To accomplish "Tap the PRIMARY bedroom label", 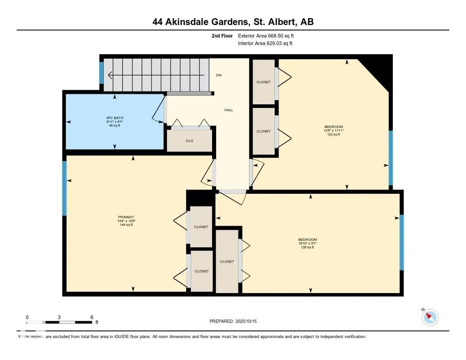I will [x=126, y=217].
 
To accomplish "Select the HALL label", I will [x=228, y=110].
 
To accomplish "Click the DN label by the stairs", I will [x=218, y=75].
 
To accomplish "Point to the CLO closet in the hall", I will [x=189, y=141].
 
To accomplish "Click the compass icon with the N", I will [x=430, y=317].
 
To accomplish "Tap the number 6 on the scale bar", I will [x=92, y=317].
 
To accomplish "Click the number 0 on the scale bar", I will [x=27, y=317].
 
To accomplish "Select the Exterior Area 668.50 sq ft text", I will [x=269, y=35].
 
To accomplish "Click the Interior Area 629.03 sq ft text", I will [x=265, y=44].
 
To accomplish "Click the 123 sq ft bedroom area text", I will [x=334, y=134].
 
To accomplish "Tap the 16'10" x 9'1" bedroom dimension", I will [x=307, y=243].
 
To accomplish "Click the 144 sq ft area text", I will [x=126, y=225].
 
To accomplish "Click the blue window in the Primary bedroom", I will [x=65, y=188].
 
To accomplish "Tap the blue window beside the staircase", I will [x=101, y=73].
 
